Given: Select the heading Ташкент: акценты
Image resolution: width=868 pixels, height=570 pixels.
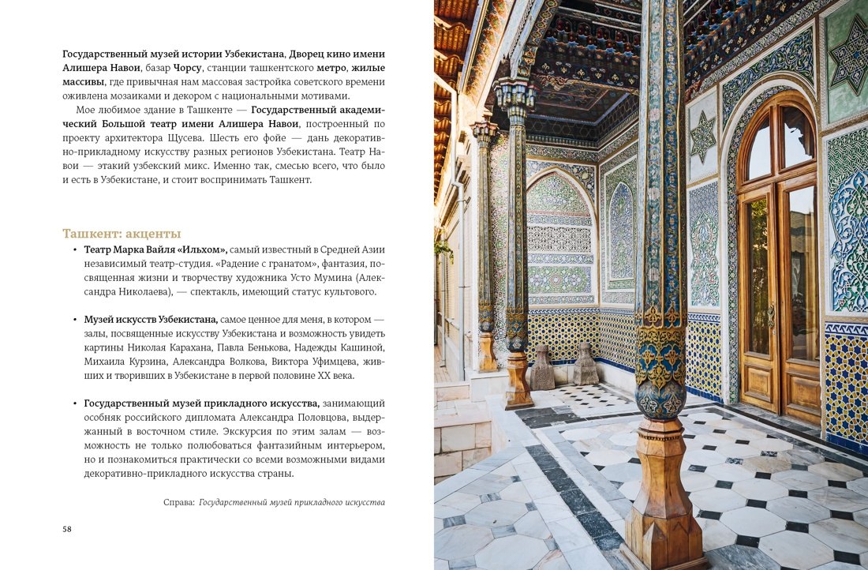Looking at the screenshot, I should click(122, 234).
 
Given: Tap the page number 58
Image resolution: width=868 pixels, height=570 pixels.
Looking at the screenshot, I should click(67, 529).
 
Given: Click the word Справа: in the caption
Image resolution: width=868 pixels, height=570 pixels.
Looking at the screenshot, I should click(179, 502).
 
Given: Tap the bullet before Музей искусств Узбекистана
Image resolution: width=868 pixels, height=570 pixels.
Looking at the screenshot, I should click(74, 320).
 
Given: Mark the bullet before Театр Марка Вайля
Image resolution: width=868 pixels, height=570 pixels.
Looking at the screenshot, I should click(74, 249).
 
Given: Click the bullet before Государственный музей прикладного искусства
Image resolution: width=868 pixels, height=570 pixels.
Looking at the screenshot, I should click(74, 403).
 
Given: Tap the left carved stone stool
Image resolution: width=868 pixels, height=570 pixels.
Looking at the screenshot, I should click(542, 368).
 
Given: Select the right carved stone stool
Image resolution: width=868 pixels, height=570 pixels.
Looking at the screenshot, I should click(586, 365).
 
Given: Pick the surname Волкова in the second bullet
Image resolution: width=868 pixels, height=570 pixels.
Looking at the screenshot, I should click(223, 362).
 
